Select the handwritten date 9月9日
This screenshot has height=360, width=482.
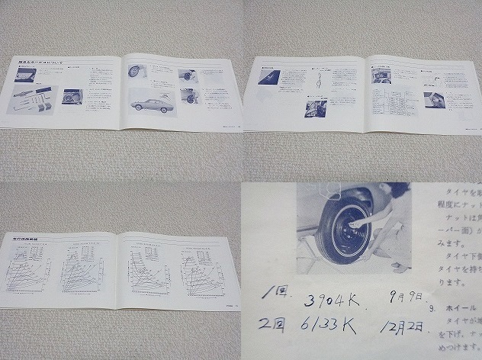click(404, 298)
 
